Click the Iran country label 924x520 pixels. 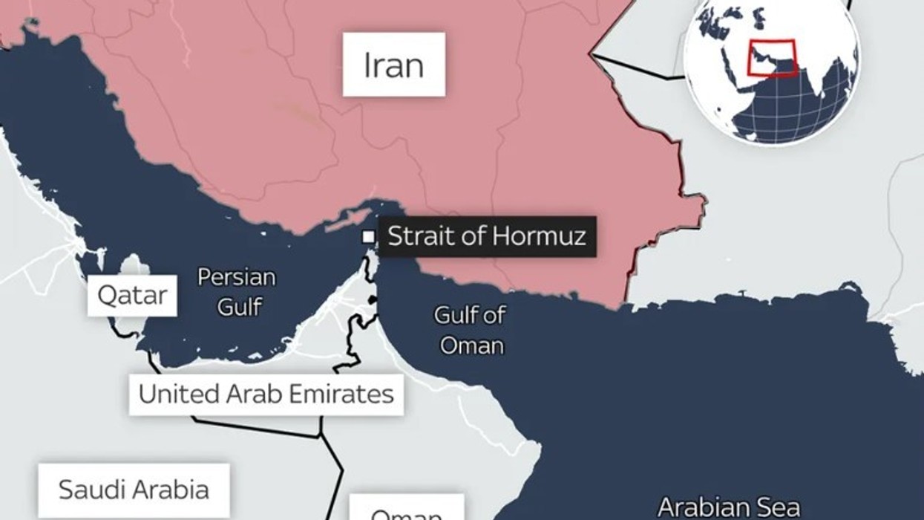(x=393, y=65)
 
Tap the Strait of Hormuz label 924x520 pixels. (x=487, y=236)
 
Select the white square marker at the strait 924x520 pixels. (x=367, y=237)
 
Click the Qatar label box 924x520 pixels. (x=133, y=296)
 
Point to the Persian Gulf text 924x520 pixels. (x=237, y=291)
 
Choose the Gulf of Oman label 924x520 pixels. (x=469, y=330)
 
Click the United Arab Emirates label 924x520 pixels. (x=266, y=394)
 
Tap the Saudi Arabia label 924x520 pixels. (x=134, y=490)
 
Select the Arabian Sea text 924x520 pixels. (x=729, y=507)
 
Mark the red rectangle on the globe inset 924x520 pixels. (x=772, y=57)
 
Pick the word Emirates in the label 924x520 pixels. (x=344, y=394)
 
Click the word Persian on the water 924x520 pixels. (x=237, y=278)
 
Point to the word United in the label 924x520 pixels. (x=171, y=394)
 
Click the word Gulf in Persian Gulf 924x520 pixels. (x=238, y=305)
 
